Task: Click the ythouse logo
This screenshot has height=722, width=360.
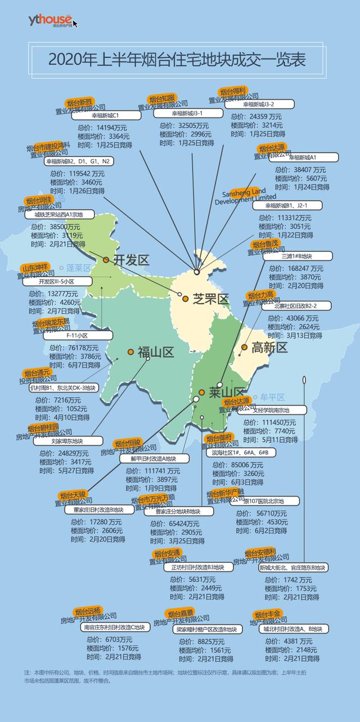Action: [x=50, y=21]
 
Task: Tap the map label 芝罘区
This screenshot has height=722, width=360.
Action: [x=210, y=299]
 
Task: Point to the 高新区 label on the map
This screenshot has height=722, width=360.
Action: [x=269, y=348]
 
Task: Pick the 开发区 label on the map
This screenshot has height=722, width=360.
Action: [x=130, y=260]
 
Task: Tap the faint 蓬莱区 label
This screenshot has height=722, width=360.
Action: [x=78, y=268]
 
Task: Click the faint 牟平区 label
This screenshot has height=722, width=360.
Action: [x=273, y=398]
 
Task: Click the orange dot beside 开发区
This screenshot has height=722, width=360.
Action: [x=106, y=260]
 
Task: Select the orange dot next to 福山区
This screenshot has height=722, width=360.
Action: [x=130, y=352]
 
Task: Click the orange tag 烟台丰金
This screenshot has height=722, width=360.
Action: [x=268, y=614]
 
